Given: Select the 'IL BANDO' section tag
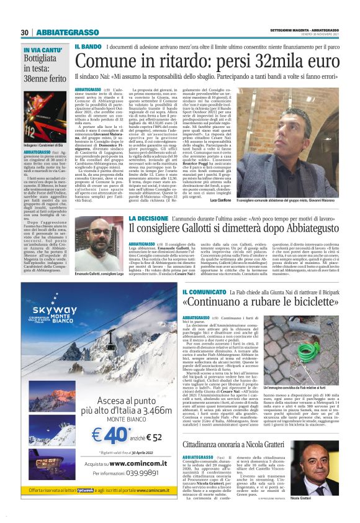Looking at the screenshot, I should coord(88,47).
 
